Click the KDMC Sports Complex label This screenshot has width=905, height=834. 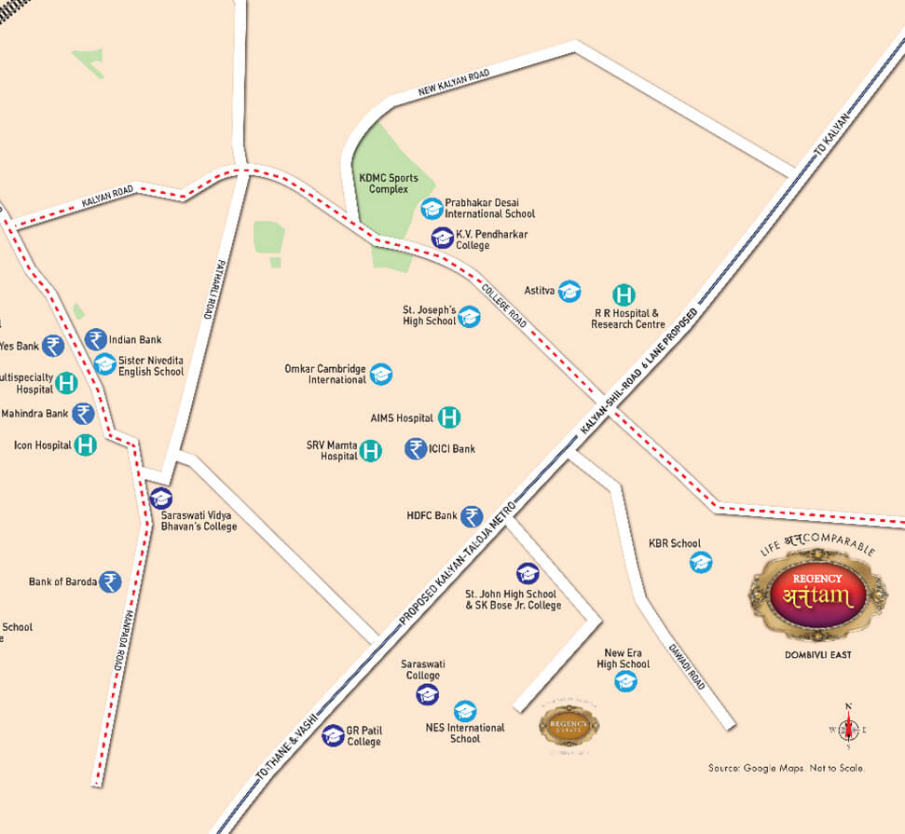pos(389,184)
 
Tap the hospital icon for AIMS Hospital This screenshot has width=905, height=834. pos(449,417)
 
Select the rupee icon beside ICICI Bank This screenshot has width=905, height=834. pos(416,449)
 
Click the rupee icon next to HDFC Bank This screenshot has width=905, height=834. pos(473,516)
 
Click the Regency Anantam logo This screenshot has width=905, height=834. pos(809,594)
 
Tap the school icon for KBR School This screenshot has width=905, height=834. pos(700,562)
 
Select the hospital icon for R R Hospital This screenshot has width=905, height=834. pos(623,294)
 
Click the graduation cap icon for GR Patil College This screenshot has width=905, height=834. pos(333,735)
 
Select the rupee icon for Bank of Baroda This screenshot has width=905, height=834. pos(110,582)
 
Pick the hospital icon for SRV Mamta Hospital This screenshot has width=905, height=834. pos(371,451)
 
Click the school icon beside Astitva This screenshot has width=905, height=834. pos(569,292)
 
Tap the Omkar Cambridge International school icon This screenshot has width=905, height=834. pos(380,375)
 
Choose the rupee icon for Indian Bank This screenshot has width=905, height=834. pos(95,340)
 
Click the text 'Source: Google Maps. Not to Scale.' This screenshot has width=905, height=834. pos(786,768)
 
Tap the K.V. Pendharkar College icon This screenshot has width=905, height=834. pos(442,239)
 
